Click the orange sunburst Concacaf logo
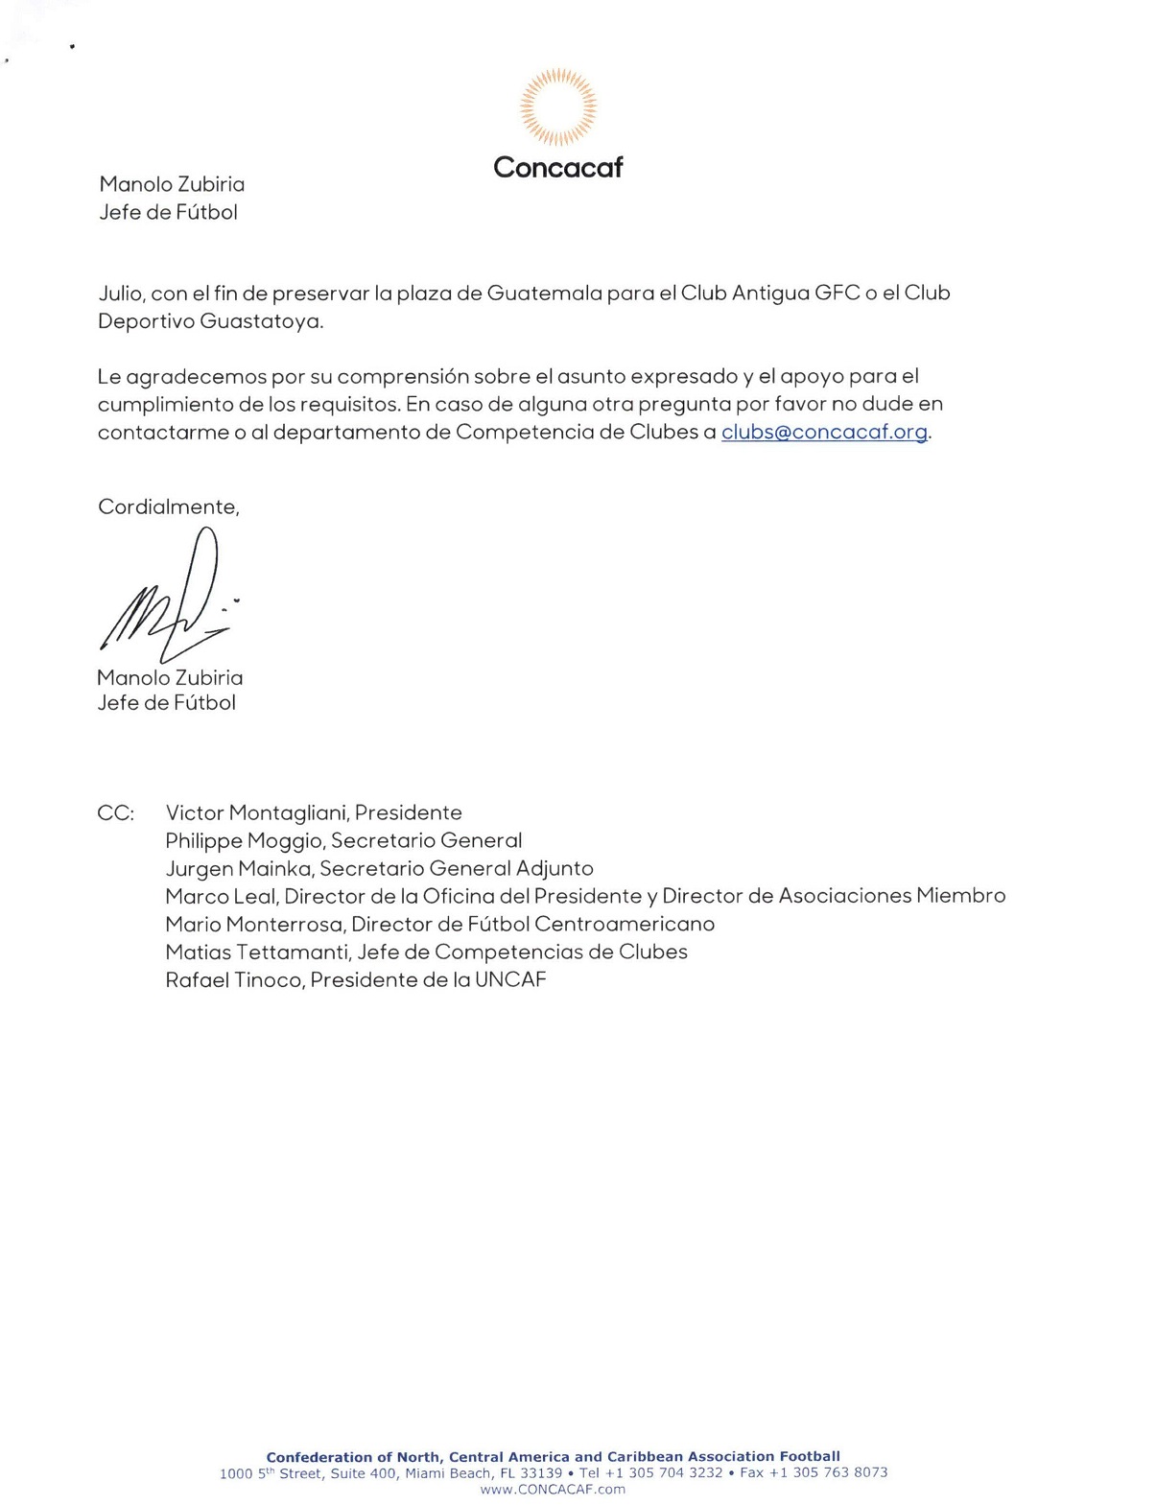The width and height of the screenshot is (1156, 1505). [557, 106]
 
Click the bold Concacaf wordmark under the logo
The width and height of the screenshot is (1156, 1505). [557, 168]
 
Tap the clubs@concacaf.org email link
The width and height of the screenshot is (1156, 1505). [824, 432]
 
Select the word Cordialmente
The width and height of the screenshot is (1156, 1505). [168, 506]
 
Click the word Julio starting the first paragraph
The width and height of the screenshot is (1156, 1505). [120, 293]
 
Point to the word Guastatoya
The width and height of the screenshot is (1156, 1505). [261, 321]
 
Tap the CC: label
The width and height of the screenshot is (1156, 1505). [115, 813]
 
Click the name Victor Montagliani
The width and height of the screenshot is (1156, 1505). [255, 813]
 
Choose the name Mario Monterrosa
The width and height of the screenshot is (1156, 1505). [253, 924]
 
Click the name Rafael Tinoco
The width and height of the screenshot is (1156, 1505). [233, 980]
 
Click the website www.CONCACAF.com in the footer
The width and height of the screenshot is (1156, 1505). [553, 1490]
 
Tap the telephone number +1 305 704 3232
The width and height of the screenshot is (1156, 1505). [664, 1472]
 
